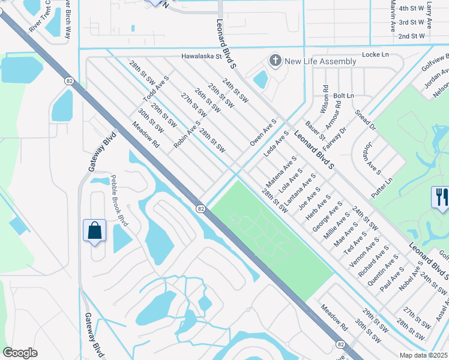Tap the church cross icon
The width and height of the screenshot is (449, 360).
[x=276, y=61]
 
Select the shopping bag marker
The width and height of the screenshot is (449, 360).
[x=95, y=230]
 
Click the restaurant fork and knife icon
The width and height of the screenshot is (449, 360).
[x=440, y=197]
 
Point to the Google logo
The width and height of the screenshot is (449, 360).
[x=20, y=353]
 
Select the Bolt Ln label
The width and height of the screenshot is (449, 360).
[x=343, y=95]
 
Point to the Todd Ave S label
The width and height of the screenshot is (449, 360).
[x=156, y=89]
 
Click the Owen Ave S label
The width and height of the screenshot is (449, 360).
[x=263, y=133]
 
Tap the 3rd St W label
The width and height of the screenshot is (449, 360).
[x=412, y=22]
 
